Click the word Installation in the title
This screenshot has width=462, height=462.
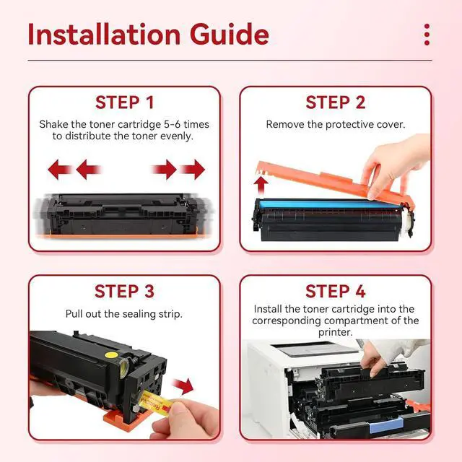[x=104, y=35]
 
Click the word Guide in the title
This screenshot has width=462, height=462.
[x=230, y=35]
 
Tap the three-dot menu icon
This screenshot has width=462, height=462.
[x=427, y=35]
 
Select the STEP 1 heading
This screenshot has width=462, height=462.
[x=124, y=103]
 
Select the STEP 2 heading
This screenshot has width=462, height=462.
[x=335, y=103]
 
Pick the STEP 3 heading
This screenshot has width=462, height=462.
[x=124, y=291]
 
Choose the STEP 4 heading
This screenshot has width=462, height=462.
[x=335, y=291]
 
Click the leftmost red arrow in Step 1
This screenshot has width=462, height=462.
[x=60, y=170]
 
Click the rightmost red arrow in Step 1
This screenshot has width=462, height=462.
[x=193, y=170]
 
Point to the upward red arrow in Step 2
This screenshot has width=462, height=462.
[x=261, y=186]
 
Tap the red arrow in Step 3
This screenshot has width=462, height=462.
[x=183, y=386]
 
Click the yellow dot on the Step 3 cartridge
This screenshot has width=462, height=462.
[x=110, y=354]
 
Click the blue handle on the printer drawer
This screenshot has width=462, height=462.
[x=386, y=426]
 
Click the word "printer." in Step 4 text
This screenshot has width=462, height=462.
[x=335, y=332]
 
